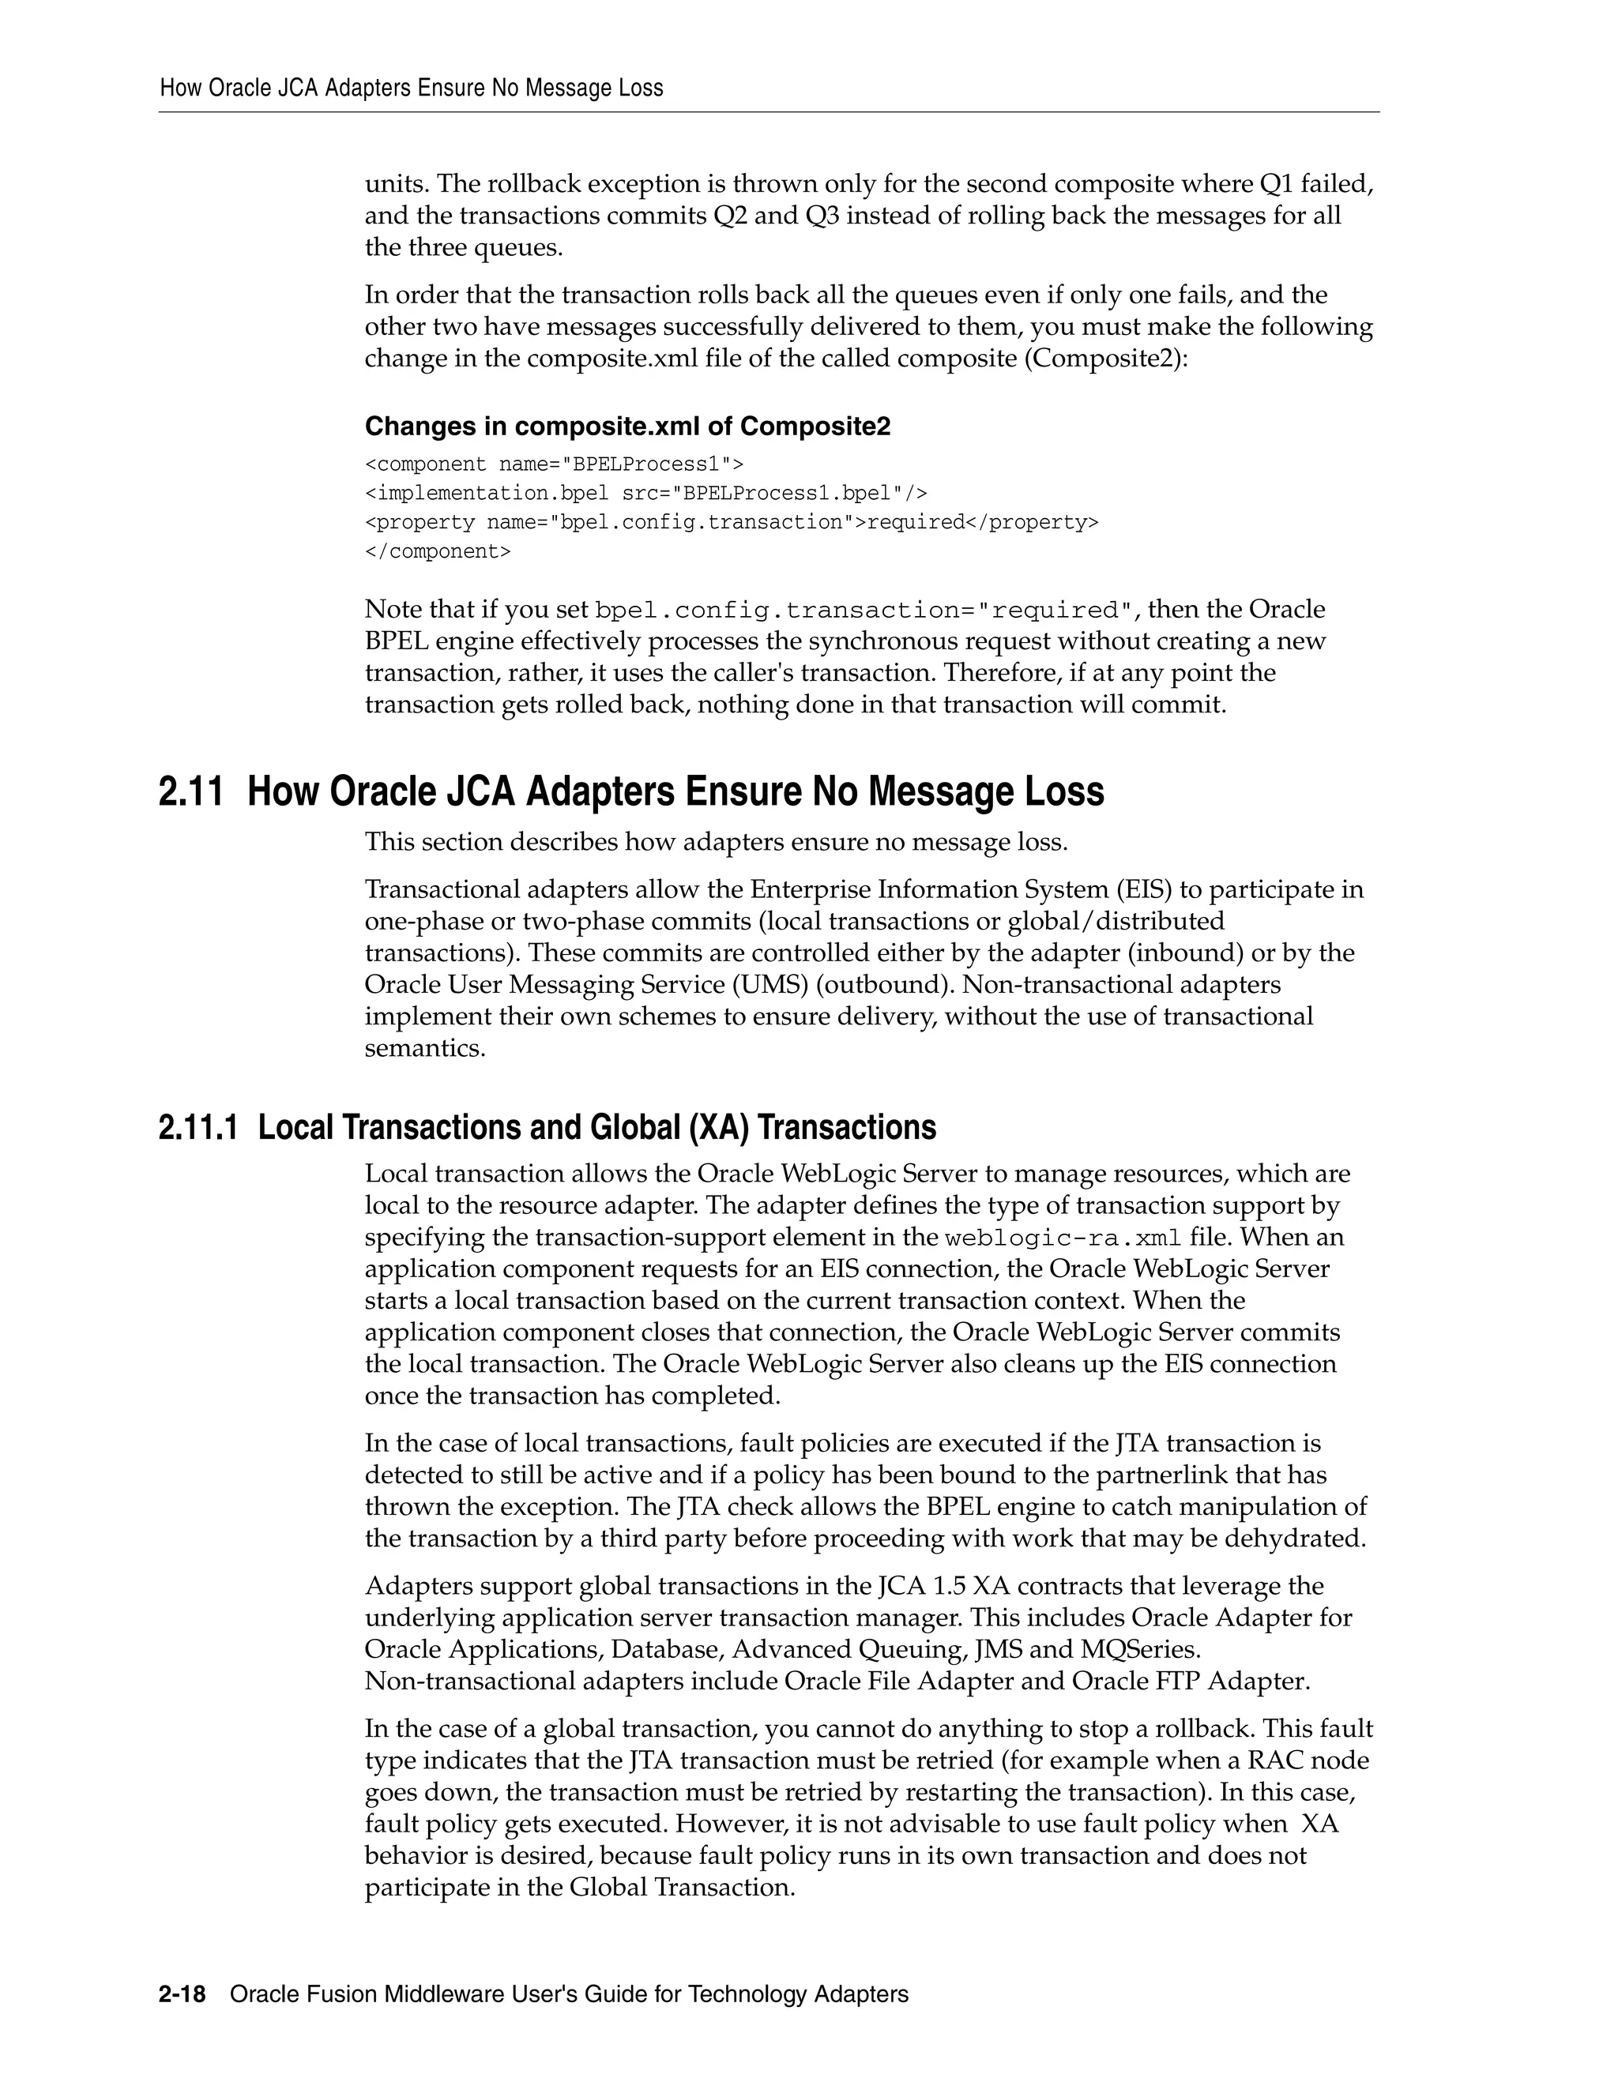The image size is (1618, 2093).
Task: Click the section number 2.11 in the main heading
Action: [190, 792]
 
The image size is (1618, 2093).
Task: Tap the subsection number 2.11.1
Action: [198, 1127]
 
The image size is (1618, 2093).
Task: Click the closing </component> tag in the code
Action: [437, 552]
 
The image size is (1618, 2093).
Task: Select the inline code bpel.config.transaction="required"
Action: [864, 611]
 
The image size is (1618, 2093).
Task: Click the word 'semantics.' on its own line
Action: [424, 1047]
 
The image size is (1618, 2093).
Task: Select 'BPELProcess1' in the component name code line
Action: [644, 464]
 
